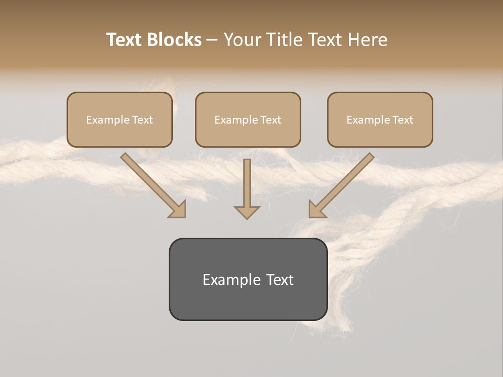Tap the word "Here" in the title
click(367, 40)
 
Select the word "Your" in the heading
click(241, 40)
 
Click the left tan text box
click(119, 120)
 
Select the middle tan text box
click(248, 120)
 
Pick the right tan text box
click(380, 120)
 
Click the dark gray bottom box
click(248, 279)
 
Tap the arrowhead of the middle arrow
click(247, 212)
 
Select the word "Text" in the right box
click(403, 120)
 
